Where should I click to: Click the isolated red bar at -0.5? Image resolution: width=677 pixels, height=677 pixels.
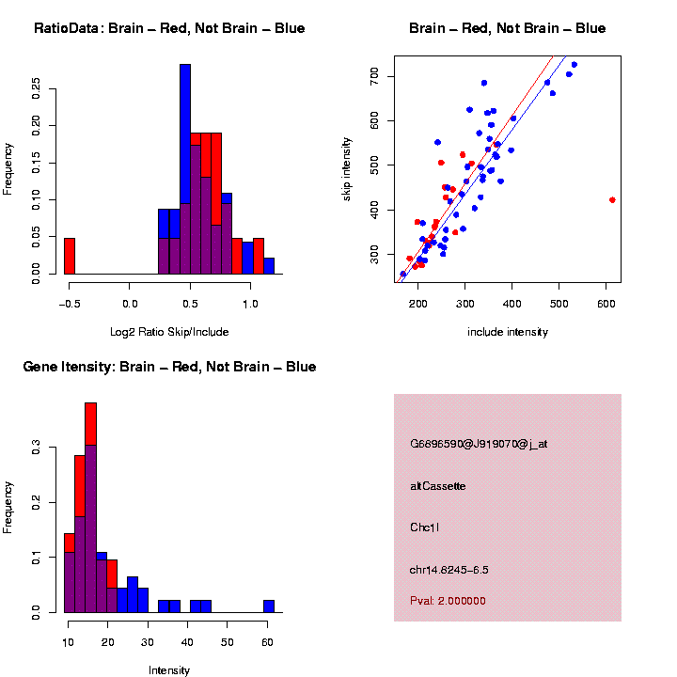pyautogui.click(x=70, y=256)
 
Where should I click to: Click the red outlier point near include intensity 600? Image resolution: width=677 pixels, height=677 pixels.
pyautogui.click(x=612, y=199)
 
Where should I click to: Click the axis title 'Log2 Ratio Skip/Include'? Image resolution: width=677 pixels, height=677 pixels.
pyautogui.click(x=169, y=332)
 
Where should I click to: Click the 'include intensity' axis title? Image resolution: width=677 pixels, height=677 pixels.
pyautogui.click(x=508, y=332)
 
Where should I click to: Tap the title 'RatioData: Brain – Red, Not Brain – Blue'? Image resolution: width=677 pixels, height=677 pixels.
pyautogui.click(x=169, y=28)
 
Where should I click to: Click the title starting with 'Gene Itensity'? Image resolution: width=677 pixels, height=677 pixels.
pyautogui.click(x=169, y=367)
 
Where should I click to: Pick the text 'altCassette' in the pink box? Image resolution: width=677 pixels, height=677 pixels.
pyautogui.click(x=438, y=486)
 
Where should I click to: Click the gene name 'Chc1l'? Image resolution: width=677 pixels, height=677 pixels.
pyautogui.click(x=424, y=527)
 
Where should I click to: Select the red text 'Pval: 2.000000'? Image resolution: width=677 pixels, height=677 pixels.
pyautogui.click(x=448, y=601)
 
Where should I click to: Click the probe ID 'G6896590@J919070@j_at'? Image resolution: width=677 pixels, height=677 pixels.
pyautogui.click(x=479, y=444)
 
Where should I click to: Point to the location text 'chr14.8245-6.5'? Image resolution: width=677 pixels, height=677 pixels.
pyautogui.click(x=449, y=570)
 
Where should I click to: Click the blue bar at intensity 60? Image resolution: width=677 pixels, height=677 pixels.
pyautogui.click(x=269, y=606)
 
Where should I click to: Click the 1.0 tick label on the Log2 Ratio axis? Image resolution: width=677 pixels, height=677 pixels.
pyautogui.click(x=250, y=304)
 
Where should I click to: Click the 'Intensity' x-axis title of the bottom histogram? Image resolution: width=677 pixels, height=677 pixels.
pyautogui.click(x=169, y=670)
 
